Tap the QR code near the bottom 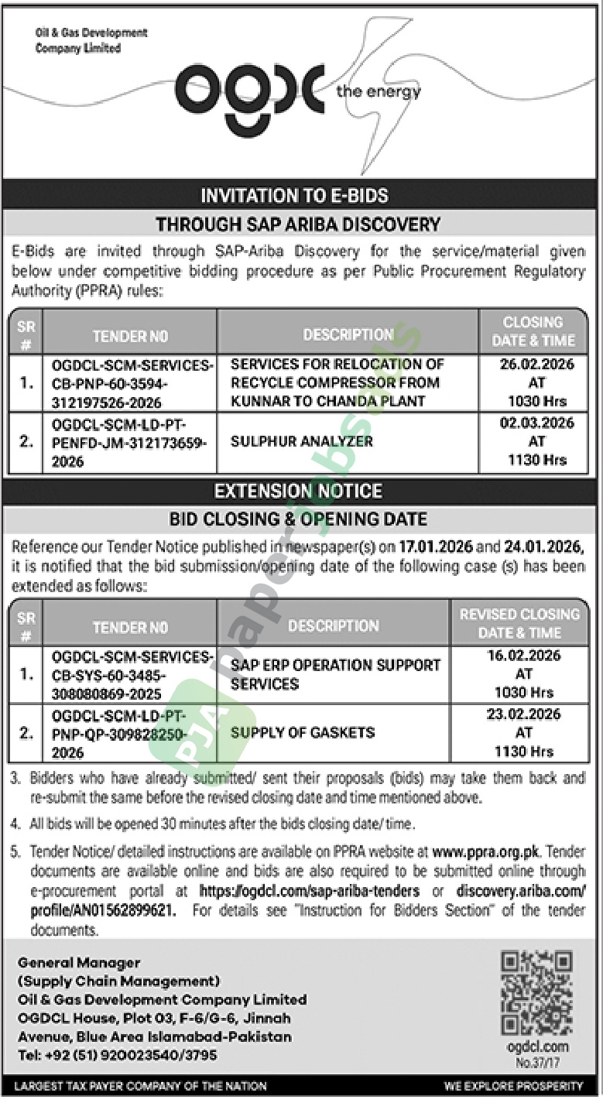[536, 992]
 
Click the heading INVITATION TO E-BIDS [294, 196]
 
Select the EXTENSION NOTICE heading [298, 491]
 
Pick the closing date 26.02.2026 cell [533, 382]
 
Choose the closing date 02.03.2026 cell [533, 441]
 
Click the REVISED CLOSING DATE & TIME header [519, 623]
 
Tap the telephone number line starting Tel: [117, 1055]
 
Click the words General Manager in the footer [79, 963]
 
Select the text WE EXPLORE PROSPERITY [513, 1087]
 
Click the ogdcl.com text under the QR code [536, 1047]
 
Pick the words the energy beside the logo [379, 93]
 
